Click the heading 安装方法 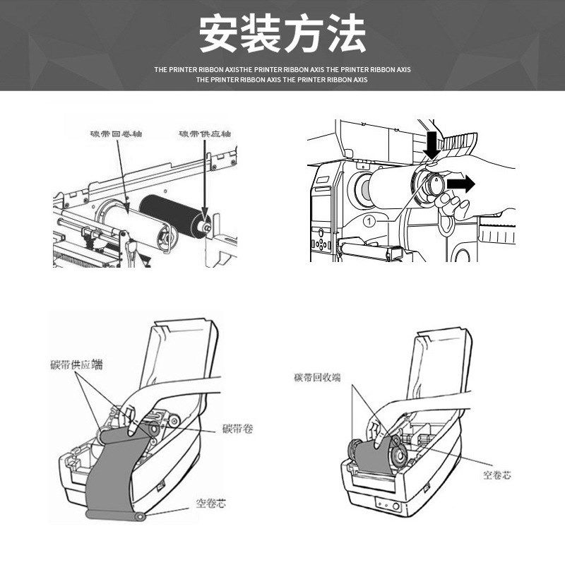[282, 33]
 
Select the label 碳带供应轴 [206, 133]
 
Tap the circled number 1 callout [367, 221]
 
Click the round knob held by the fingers [432, 186]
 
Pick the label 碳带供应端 [76, 364]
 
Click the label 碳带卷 [237, 428]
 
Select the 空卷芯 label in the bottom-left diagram [211, 504]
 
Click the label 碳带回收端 [317, 378]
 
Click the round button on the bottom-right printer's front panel [393, 506]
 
